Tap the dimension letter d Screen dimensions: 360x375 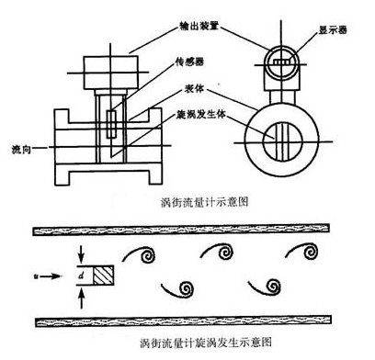click(x=81, y=273)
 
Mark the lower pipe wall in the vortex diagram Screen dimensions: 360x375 click(x=187, y=321)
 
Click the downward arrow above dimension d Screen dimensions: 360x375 click(x=80, y=253)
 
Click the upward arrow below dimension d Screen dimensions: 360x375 click(x=80, y=294)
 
